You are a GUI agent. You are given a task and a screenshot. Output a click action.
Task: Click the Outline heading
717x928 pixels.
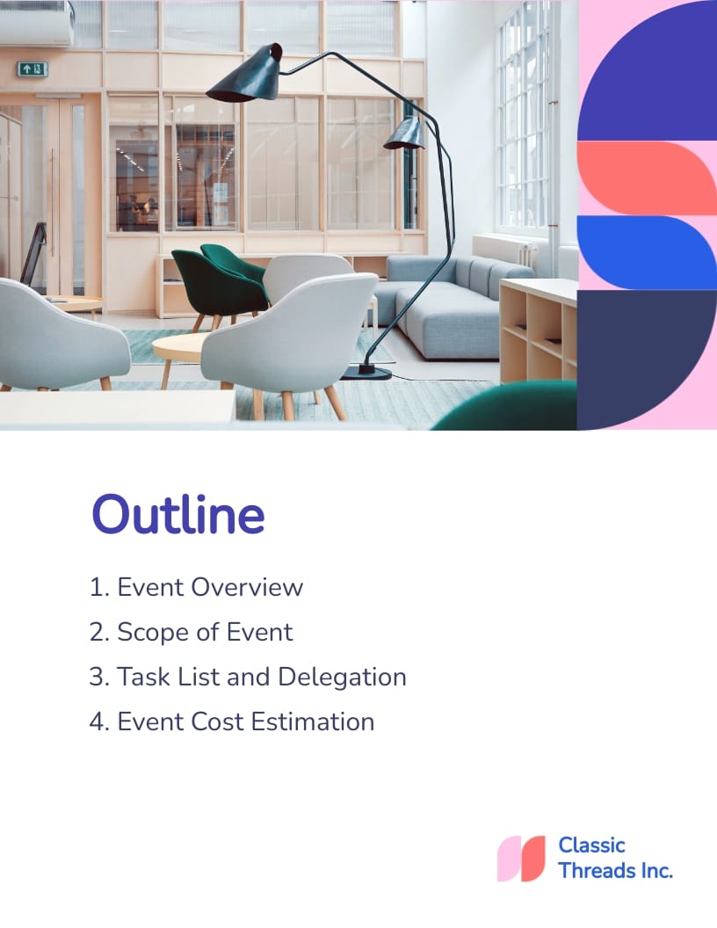(x=178, y=515)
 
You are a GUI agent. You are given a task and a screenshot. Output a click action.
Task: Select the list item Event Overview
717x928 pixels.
(x=197, y=587)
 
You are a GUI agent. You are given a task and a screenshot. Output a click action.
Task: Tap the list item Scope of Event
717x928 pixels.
(x=192, y=632)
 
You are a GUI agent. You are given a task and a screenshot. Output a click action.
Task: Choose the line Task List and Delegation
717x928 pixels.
(x=249, y=677)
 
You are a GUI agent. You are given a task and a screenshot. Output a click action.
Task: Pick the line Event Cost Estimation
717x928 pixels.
(x=233, y=721)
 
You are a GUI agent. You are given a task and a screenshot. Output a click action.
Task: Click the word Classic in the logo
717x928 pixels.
(x=591, y=845)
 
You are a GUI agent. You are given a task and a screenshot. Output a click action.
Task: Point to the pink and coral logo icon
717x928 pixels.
(x=521, y=859)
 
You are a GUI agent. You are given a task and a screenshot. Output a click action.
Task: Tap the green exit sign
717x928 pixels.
(x=32, y=69)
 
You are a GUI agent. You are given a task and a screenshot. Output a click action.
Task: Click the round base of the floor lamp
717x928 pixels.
(x=366, y=372)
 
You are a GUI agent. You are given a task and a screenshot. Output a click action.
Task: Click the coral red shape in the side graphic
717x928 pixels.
(x=646, y=178)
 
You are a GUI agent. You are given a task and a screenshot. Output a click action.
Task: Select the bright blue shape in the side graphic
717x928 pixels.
(x=646, y=252)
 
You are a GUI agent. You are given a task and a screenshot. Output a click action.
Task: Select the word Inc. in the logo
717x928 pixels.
(x=654, y=871)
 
